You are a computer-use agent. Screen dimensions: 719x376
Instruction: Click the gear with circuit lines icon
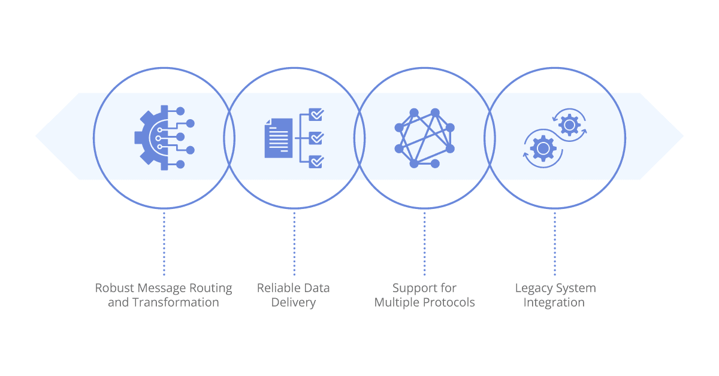[164, 138]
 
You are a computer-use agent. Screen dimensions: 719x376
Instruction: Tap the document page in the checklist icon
[278, 138]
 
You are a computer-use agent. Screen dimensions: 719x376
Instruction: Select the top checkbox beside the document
[316, 114]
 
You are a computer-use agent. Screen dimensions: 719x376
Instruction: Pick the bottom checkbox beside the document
[316, 162]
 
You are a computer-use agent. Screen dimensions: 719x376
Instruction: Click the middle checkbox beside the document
[316, 138]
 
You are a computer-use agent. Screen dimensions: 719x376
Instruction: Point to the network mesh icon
[424, 138]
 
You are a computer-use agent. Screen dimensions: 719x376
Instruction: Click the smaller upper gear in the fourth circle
[569, 125]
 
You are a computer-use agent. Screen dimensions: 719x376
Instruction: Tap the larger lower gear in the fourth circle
[543, 148]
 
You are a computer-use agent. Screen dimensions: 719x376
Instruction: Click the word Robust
[114, 288]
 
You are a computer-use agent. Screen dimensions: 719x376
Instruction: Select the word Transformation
[176, 302]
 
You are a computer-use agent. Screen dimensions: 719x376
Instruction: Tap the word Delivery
[294, 302]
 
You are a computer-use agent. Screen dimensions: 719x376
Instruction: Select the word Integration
[554, 302]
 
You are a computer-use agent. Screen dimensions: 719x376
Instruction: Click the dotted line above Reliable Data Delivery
[294, 244]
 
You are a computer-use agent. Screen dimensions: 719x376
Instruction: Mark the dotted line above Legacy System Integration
[555, 244]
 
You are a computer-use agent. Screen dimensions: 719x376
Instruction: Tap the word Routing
[210, 289]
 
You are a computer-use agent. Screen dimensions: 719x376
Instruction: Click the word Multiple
[397, 302]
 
